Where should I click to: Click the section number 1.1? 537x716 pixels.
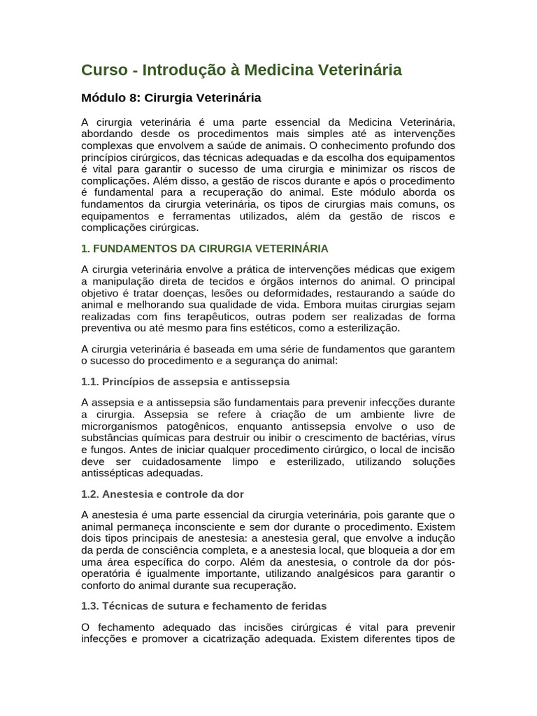(89, 382)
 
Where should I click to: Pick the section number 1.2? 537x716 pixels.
(89, 494)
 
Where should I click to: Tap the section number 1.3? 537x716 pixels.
(89, 606)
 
